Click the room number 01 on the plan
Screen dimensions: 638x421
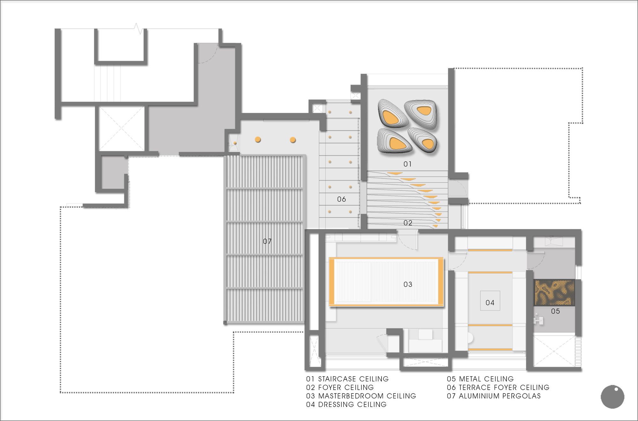pos(407,164)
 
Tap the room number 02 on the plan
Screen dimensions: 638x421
pos(408,223)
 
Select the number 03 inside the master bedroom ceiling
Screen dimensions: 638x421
pos(408,284)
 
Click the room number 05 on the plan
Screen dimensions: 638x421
pos(555,311)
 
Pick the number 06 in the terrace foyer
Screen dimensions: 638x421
pos(341,199)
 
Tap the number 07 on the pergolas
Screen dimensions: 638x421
pos(267,241)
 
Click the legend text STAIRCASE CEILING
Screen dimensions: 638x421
pos(353,379)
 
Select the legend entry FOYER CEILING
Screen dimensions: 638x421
pos(346,387)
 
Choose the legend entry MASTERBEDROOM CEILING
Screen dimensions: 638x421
pos(367,396)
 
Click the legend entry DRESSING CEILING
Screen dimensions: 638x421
pos(352,404)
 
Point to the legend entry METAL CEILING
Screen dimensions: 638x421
pos(486,379)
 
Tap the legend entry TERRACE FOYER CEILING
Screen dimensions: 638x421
pos(504,387)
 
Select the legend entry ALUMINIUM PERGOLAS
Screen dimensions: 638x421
pos(500,396)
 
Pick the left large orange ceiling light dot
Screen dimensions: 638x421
pos(258,139)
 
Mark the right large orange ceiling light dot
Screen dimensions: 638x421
pos(293,140)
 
